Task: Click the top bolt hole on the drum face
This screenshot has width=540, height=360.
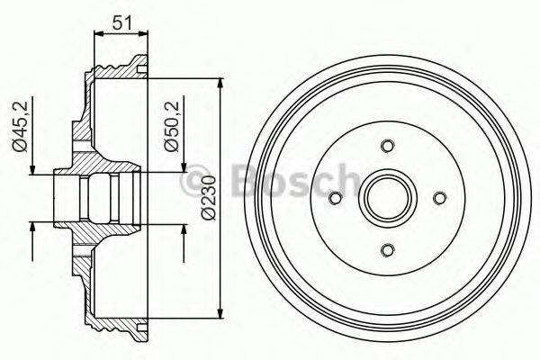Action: (388, 146)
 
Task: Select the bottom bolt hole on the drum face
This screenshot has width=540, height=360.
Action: (388, 249)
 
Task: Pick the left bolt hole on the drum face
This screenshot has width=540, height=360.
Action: (336, 198)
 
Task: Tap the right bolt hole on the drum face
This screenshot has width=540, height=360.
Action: (440, 198)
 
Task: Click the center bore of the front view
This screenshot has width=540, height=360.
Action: (388, 198)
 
